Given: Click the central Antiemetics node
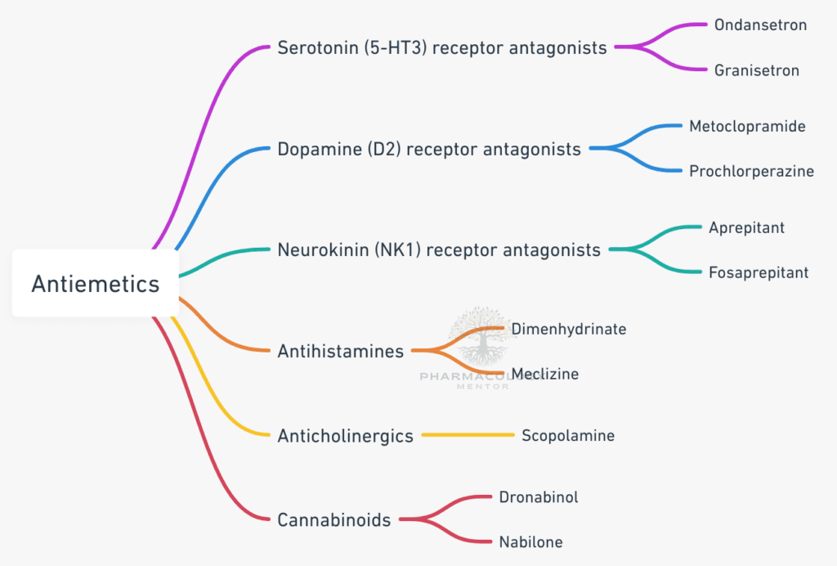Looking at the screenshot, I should [x=95, y=284].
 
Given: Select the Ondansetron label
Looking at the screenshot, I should [x=760, y=25].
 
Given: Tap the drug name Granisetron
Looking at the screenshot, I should [x=756, y=70].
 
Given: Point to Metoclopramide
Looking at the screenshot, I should [x=747, y=127].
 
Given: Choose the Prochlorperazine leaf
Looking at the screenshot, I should [x=751, y=172].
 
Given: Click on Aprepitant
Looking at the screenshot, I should [x=746, y=227].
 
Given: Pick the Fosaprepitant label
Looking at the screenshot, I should [x=759, y=272].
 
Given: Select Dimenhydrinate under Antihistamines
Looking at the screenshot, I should [x=569, y=329].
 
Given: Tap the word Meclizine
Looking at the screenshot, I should [x=545, y=374].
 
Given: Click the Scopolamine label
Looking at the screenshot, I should [x=568, y=436].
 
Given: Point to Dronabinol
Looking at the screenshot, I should [x=539, y=496].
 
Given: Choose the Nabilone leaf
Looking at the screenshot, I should [x=530, y=541].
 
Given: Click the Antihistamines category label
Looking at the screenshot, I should [x=340, y=352].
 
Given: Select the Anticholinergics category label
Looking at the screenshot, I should [x=345, y=436].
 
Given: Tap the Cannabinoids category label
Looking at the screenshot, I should [x=333, y=520].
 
